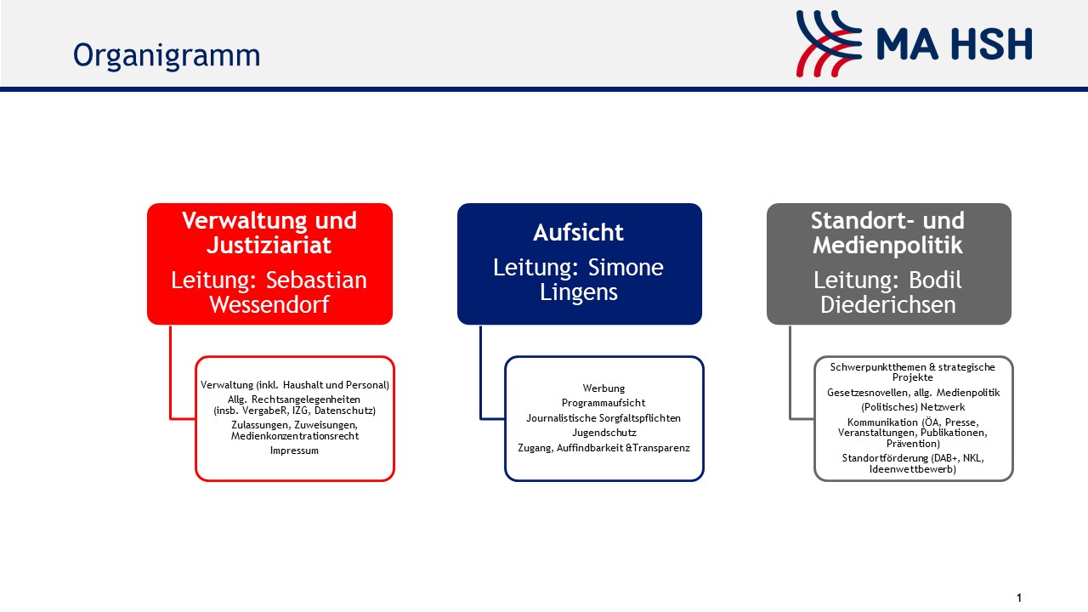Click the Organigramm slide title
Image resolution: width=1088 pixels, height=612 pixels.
point(167,56)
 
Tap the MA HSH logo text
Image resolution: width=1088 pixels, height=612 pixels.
point(954,44)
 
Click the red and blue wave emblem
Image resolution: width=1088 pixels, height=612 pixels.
point(829,43)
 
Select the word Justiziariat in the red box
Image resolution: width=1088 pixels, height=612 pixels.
point(269,246)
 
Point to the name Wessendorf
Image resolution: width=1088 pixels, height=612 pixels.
point(269,304)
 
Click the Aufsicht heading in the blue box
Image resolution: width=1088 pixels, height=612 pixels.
point(578,233)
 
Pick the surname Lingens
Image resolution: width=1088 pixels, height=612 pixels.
point(579,292)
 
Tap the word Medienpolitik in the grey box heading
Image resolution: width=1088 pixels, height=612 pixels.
point(887,245)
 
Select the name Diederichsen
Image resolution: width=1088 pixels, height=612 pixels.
point(888,305)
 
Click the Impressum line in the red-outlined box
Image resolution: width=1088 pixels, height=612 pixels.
point(294,450)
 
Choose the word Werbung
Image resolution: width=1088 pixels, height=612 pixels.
point(603,388)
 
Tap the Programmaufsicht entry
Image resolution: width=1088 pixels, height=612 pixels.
point(603,403)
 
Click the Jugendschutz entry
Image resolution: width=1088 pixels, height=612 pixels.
point(603,433)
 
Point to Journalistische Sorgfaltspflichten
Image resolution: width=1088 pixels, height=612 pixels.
point(603,418)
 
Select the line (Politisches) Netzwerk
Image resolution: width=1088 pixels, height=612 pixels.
point(913,407)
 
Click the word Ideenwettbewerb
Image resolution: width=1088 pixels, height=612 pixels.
point(913,470)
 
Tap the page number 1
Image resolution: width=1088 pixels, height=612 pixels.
point(1019,598)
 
